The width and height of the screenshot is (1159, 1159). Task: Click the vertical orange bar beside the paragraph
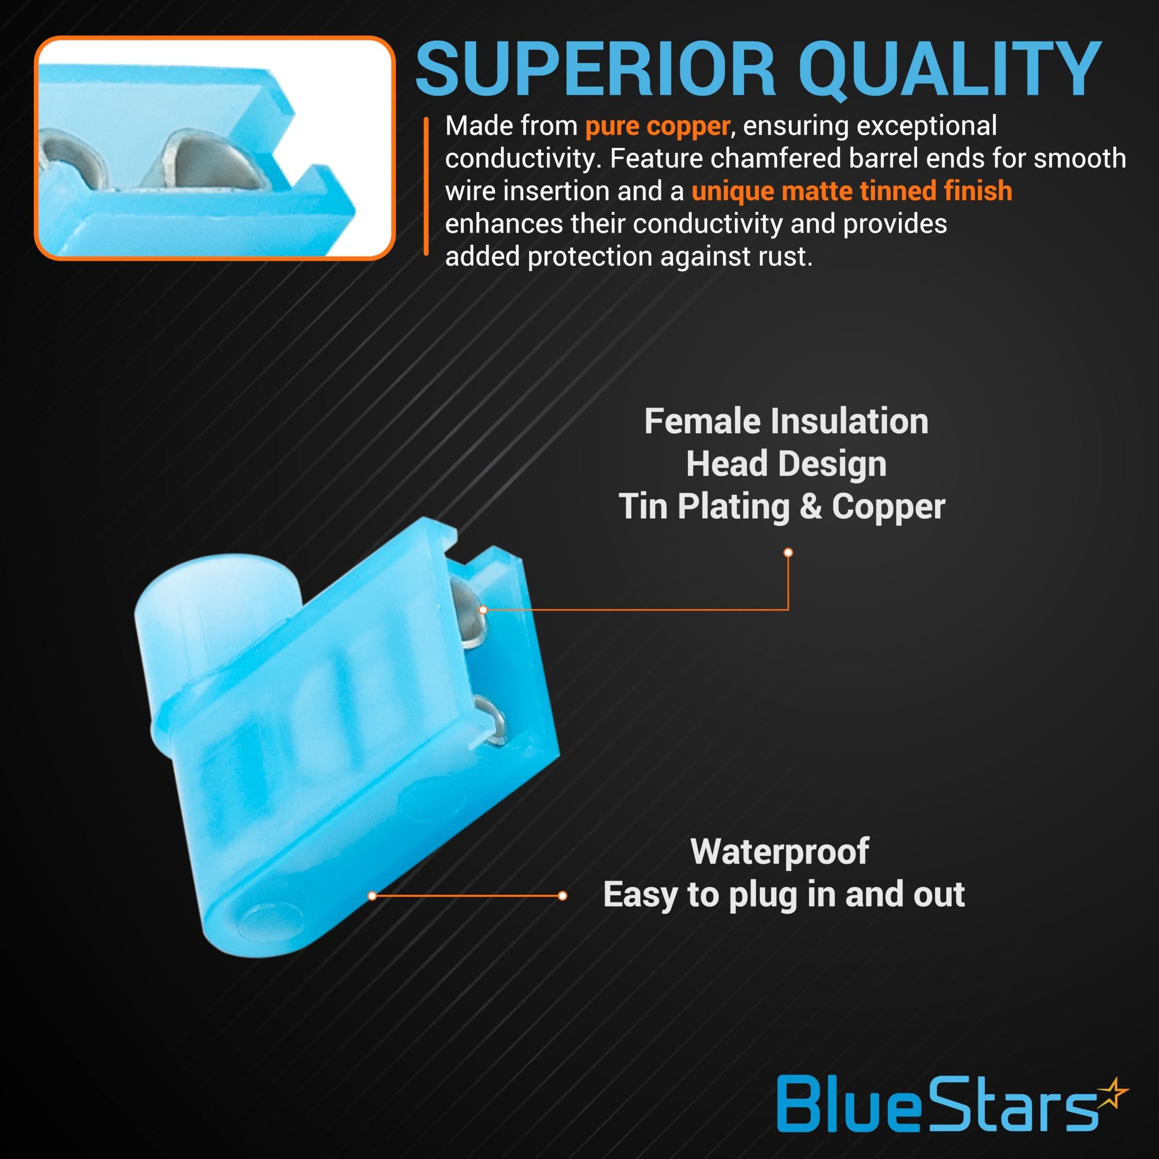point(426,186)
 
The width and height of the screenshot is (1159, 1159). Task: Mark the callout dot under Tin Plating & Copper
point(788,552)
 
